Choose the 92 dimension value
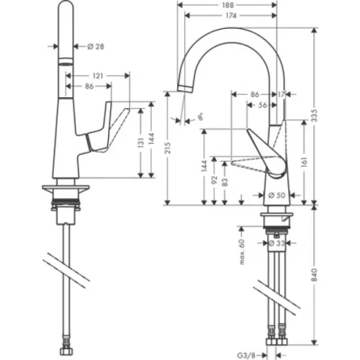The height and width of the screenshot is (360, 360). coord(215,179)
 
